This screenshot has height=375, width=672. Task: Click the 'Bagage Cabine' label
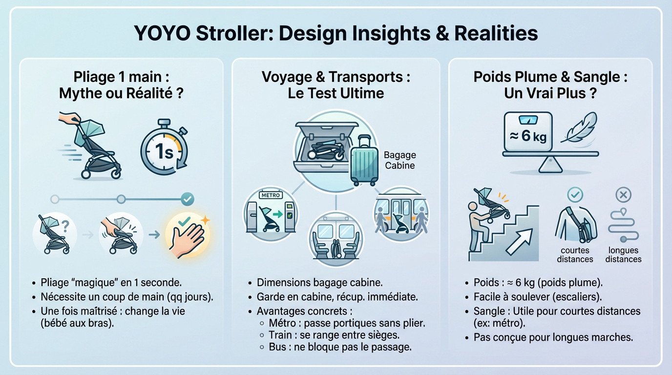click(x=399, y=160)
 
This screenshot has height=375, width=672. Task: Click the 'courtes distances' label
click(x=575, y=254)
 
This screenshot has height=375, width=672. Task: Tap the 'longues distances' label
click(x=623, y=254)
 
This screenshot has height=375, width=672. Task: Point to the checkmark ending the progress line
click(x=187, y=199)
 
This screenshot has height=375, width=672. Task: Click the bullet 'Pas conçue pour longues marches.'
click(x=553, y=337)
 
